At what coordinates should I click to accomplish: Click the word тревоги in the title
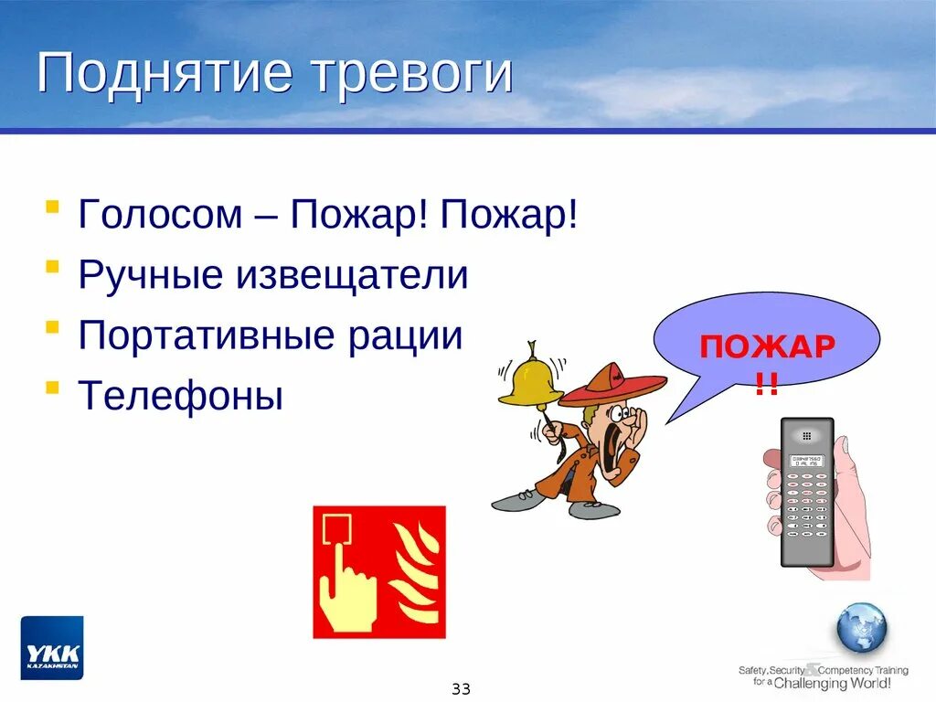410,75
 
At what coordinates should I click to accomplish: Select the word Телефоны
181,396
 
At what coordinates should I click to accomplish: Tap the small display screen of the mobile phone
806,461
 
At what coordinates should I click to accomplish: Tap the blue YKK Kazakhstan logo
52,647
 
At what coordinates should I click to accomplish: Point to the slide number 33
461,688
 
